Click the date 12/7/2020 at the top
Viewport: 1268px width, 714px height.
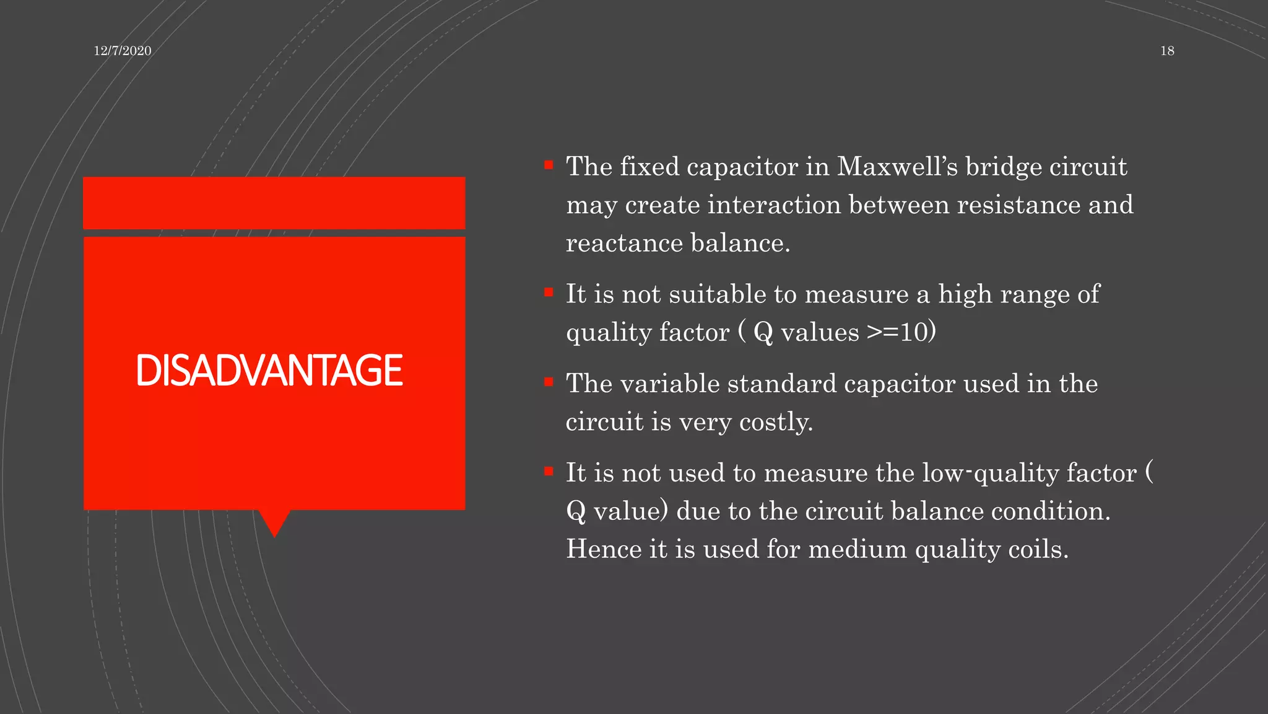[123, 51]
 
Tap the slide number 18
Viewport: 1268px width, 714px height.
[1167, 51]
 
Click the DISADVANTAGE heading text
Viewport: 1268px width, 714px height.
[269, 371]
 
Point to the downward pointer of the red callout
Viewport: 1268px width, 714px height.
[274, 524]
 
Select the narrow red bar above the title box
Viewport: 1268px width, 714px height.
[274, 203]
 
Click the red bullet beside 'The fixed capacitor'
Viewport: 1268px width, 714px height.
[549, 165]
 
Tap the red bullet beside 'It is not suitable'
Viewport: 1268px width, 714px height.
[549, 293]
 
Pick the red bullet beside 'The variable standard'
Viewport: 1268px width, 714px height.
[549, 382]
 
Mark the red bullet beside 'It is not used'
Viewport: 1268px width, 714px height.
[549, 472]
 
